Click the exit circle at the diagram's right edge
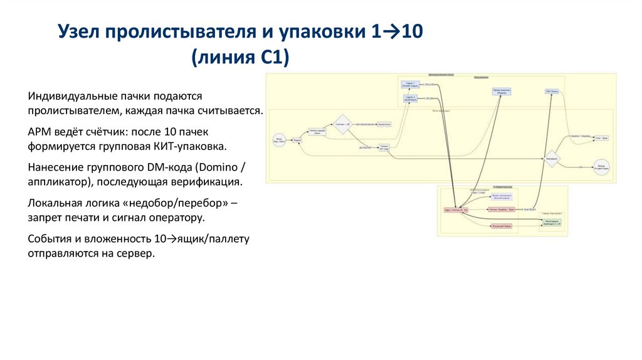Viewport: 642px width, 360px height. (x=601, y=167)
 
